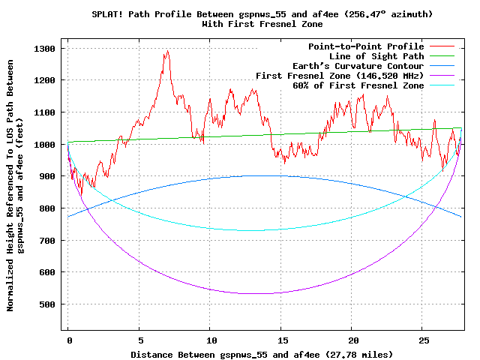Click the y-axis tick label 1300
coord(47,49)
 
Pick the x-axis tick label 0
coord(68,339)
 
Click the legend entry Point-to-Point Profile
coord(366,46)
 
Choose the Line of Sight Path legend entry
coord(376,56)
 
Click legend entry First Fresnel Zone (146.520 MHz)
coord(340,76)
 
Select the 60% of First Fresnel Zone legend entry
coord(358,85)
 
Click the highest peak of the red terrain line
coord(167,51)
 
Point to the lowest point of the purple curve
coord(265,293)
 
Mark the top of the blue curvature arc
coord(265,175)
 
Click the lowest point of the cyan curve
coord(265,229)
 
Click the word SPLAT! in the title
coord(107,14)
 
